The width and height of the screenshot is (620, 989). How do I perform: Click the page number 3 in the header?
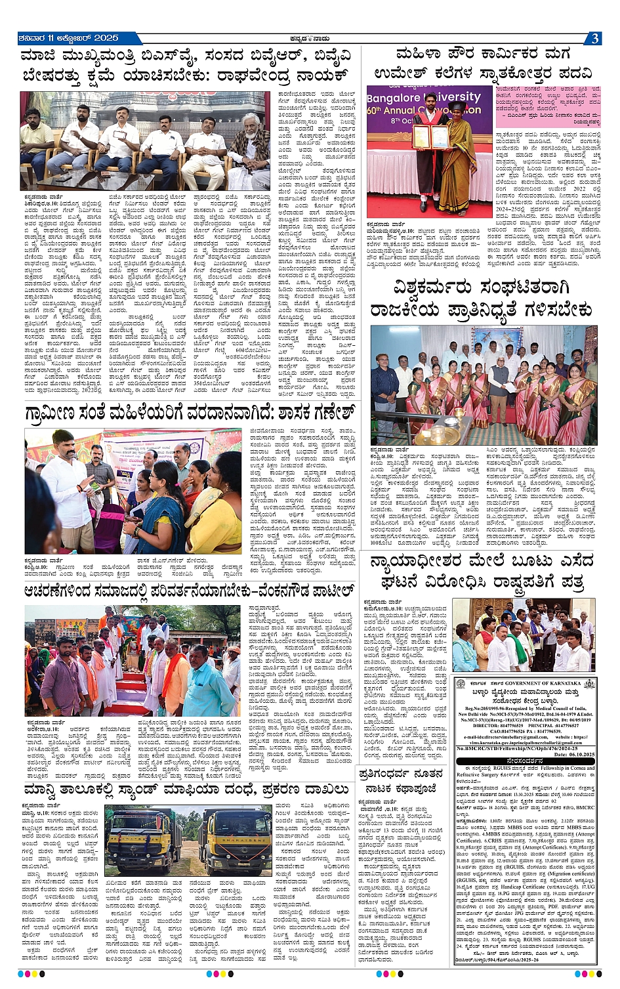click(x=594, y=39)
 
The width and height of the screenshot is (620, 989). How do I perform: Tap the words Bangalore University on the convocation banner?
click(x=425, y=98)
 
